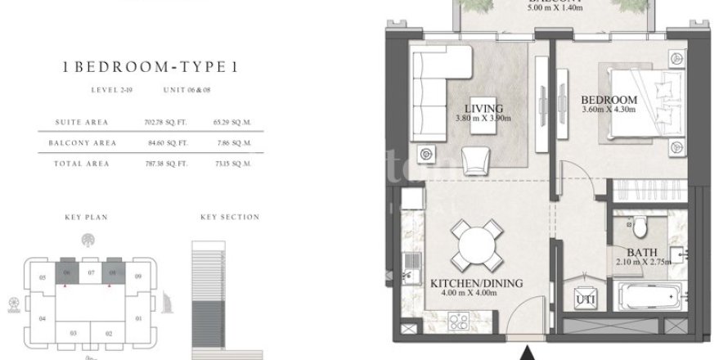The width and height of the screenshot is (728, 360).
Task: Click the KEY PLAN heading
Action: point(86,218)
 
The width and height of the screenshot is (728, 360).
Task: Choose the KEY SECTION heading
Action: point(229,218)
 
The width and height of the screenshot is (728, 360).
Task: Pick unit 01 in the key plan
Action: point(138,317)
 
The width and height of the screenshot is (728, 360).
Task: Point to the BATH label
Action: point(639,253)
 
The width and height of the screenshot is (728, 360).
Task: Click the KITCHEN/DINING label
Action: point(477,284)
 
